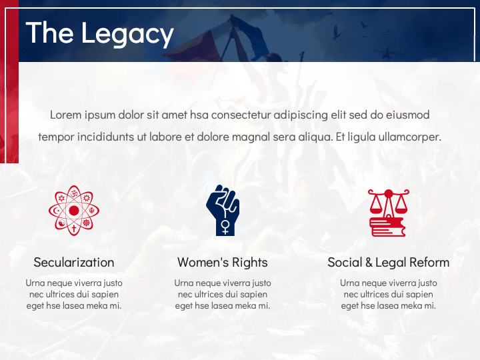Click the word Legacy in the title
tap(128, 33)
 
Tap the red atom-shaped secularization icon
tap(74, 210)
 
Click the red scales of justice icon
tap(388, 212)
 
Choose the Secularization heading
tap(74, 262)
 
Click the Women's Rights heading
tap(223, 262)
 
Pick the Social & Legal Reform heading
tap(388, 262)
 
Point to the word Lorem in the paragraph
tap(66, 115)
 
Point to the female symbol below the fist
tap(226, 227)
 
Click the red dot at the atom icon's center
tap(74, 210)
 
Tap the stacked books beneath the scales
tap(387, 227)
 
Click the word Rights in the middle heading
tap(250, 262)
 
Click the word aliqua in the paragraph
tap(313, 137)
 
